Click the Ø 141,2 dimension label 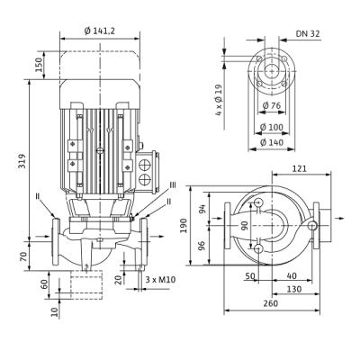coord(100,31)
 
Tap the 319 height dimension coord(22,161)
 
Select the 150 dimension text coord(40,65)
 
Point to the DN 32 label coord(308,33)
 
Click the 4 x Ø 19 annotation coord(220,100)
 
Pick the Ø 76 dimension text coord(271,105)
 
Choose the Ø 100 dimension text coord(271,127)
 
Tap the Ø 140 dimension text coord(271,142)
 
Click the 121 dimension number coord(300,168)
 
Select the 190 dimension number coord(184,225)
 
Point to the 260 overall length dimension coord(271,303)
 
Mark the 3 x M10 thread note coord(160,280)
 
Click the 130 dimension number coord(294,289)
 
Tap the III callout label coord(173,185)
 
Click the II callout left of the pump coord(38,196)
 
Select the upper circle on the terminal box coord(145,166)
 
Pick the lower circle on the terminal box coord(145,179)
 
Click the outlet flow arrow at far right coord(339,218)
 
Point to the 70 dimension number coord(23,256)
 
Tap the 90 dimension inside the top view coord(245,225)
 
